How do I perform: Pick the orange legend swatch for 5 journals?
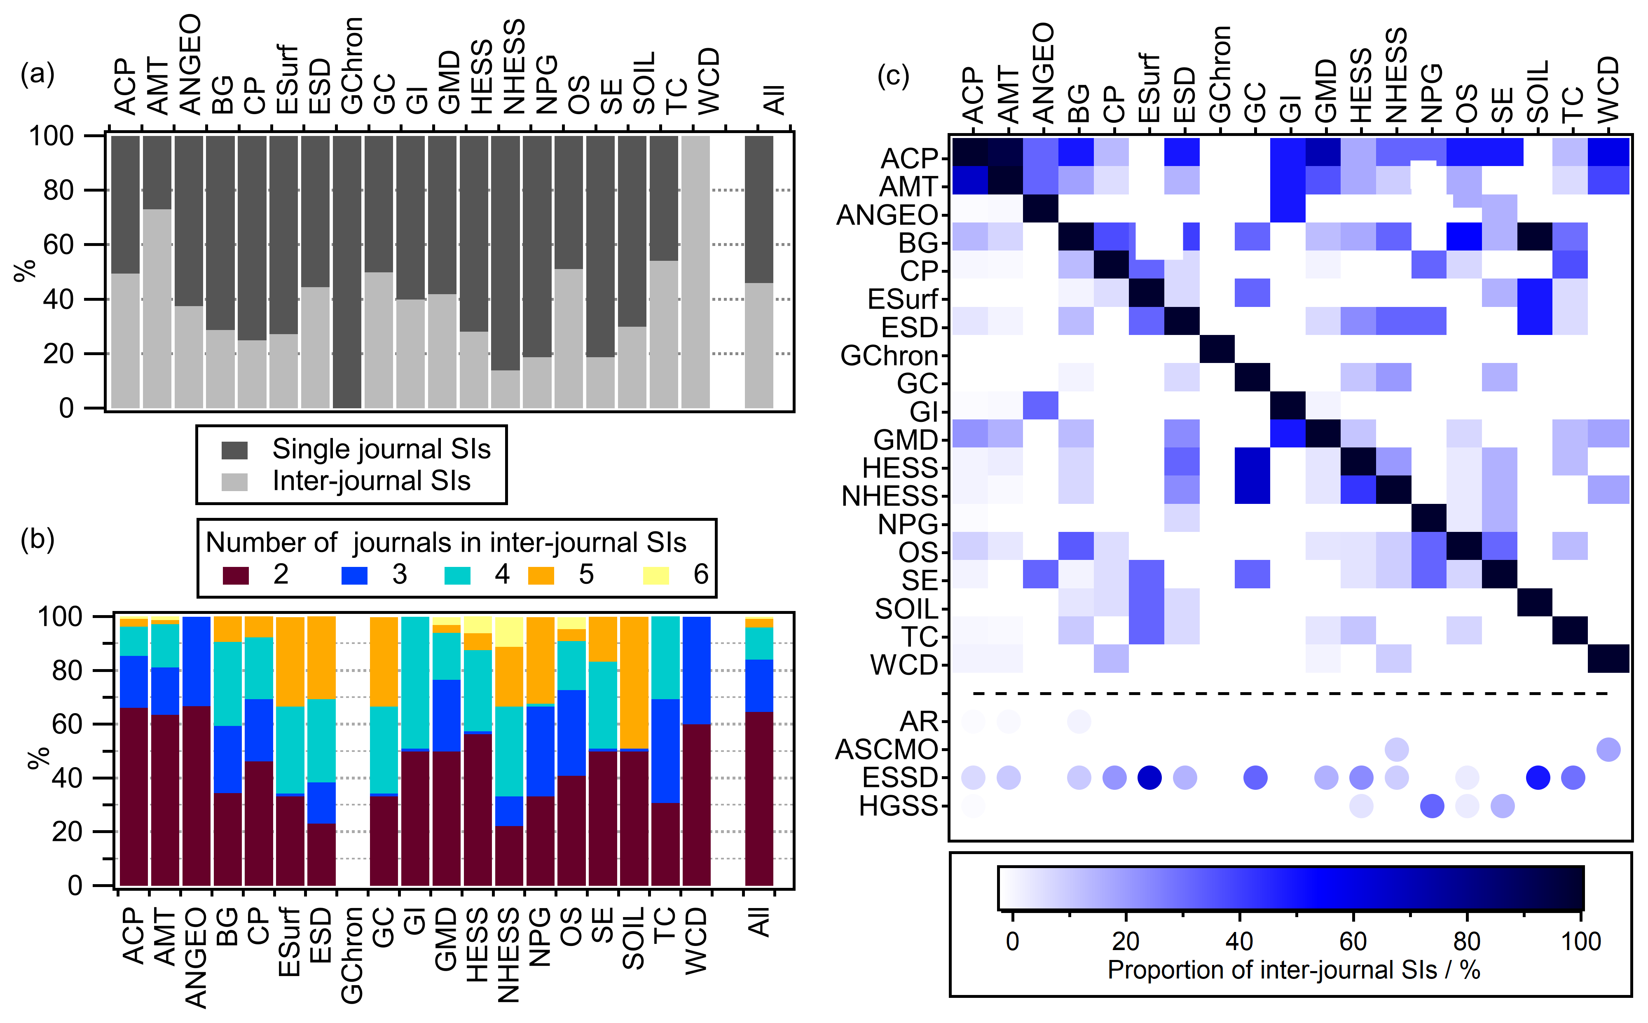tap(541, 575)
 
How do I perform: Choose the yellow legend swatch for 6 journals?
tap(655, 575)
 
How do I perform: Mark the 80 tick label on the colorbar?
tap(1467, 941)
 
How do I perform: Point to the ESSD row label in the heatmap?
tap(900, 778)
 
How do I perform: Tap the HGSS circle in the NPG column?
tap(1432, 806)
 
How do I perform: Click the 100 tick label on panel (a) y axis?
tap(51, 136)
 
